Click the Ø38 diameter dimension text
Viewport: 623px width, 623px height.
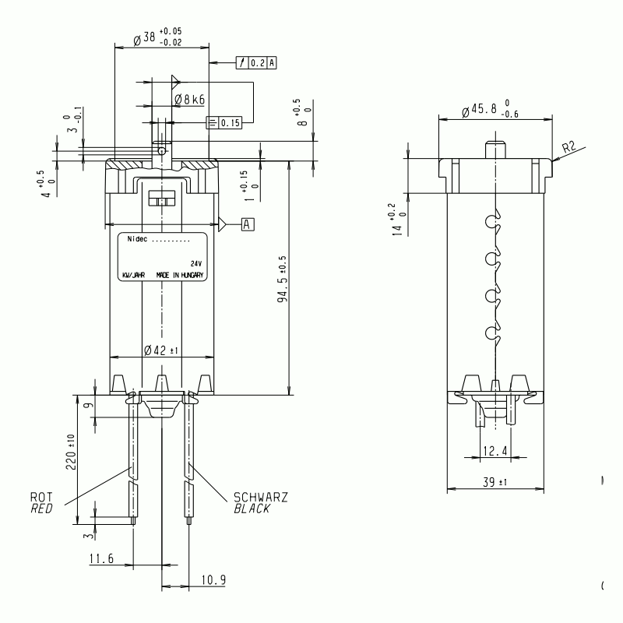(157, 37)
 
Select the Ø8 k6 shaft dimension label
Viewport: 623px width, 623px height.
(190, 99)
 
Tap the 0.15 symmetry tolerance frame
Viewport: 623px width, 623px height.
(224, 123)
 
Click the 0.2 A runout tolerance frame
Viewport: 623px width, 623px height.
(256, 63)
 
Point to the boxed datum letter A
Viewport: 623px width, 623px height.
(248, 224)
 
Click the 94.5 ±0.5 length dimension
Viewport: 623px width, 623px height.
(282, 279)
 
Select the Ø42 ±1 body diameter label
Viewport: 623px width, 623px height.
(161, 350)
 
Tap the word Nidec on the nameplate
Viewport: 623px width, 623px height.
(137, 239)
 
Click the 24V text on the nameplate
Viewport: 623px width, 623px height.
(196, 263)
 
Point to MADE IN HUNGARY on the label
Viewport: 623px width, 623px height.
(180, 275)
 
